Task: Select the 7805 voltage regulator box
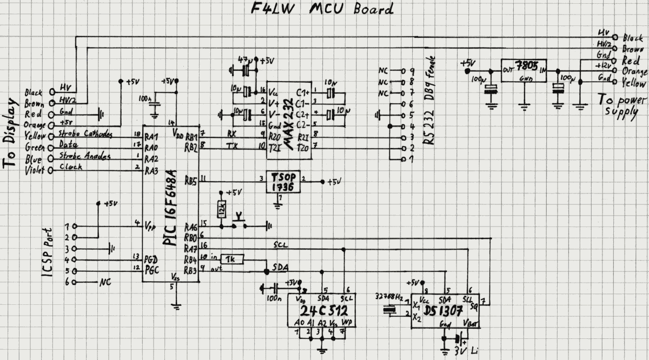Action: coord(524,71)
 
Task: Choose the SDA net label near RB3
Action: coord(281,268)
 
